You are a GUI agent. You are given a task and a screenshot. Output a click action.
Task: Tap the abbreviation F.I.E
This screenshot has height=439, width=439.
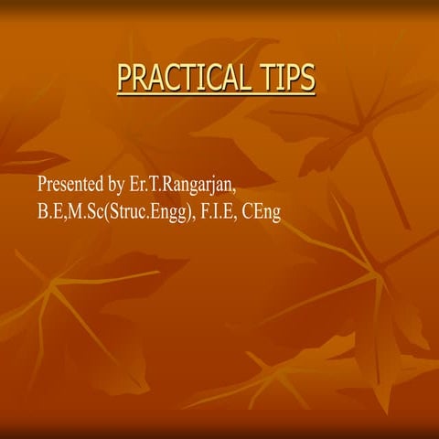click(216, 212)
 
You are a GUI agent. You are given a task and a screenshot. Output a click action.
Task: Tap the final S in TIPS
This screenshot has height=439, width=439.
click(307, 80)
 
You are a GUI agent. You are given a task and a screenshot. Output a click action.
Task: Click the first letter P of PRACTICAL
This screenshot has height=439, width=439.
click(125, 80)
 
